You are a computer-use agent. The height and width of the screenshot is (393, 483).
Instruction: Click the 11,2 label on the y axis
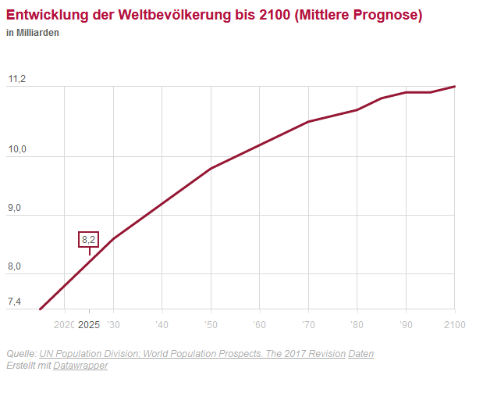[16, 80]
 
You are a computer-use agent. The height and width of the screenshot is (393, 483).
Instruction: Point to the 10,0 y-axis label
[16, 150]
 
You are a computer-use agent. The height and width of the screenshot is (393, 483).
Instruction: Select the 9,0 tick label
[15, 209]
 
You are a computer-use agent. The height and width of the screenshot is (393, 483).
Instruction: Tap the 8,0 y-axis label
[15, 267]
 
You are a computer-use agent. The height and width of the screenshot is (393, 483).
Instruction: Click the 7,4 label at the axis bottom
[15, 302]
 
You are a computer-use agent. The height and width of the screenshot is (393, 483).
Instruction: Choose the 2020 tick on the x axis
[64, 324]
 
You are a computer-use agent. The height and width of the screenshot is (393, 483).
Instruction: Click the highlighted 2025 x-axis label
[89, 324]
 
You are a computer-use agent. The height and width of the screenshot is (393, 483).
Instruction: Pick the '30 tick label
[113, 324]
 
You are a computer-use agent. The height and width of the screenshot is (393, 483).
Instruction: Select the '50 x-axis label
[210, 324]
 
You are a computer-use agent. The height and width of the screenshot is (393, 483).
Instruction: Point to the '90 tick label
[405, 324]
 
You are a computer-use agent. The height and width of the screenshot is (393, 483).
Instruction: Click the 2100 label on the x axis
[454, 324]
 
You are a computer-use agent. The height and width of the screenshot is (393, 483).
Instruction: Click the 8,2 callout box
[89, 240]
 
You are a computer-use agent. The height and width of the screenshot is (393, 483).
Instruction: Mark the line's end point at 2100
[455, 86]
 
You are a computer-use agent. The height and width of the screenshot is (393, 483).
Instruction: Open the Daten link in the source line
[360, 354]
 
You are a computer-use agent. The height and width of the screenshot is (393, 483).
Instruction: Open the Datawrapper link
[80, 366]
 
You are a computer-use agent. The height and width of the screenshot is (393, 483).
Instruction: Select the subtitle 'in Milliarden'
[32, 33]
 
